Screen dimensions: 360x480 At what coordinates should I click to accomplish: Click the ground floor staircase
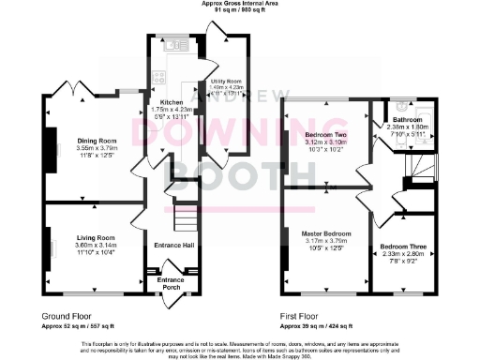coord(186,219)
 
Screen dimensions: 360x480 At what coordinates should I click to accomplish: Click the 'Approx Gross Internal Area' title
coord(240,4)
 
